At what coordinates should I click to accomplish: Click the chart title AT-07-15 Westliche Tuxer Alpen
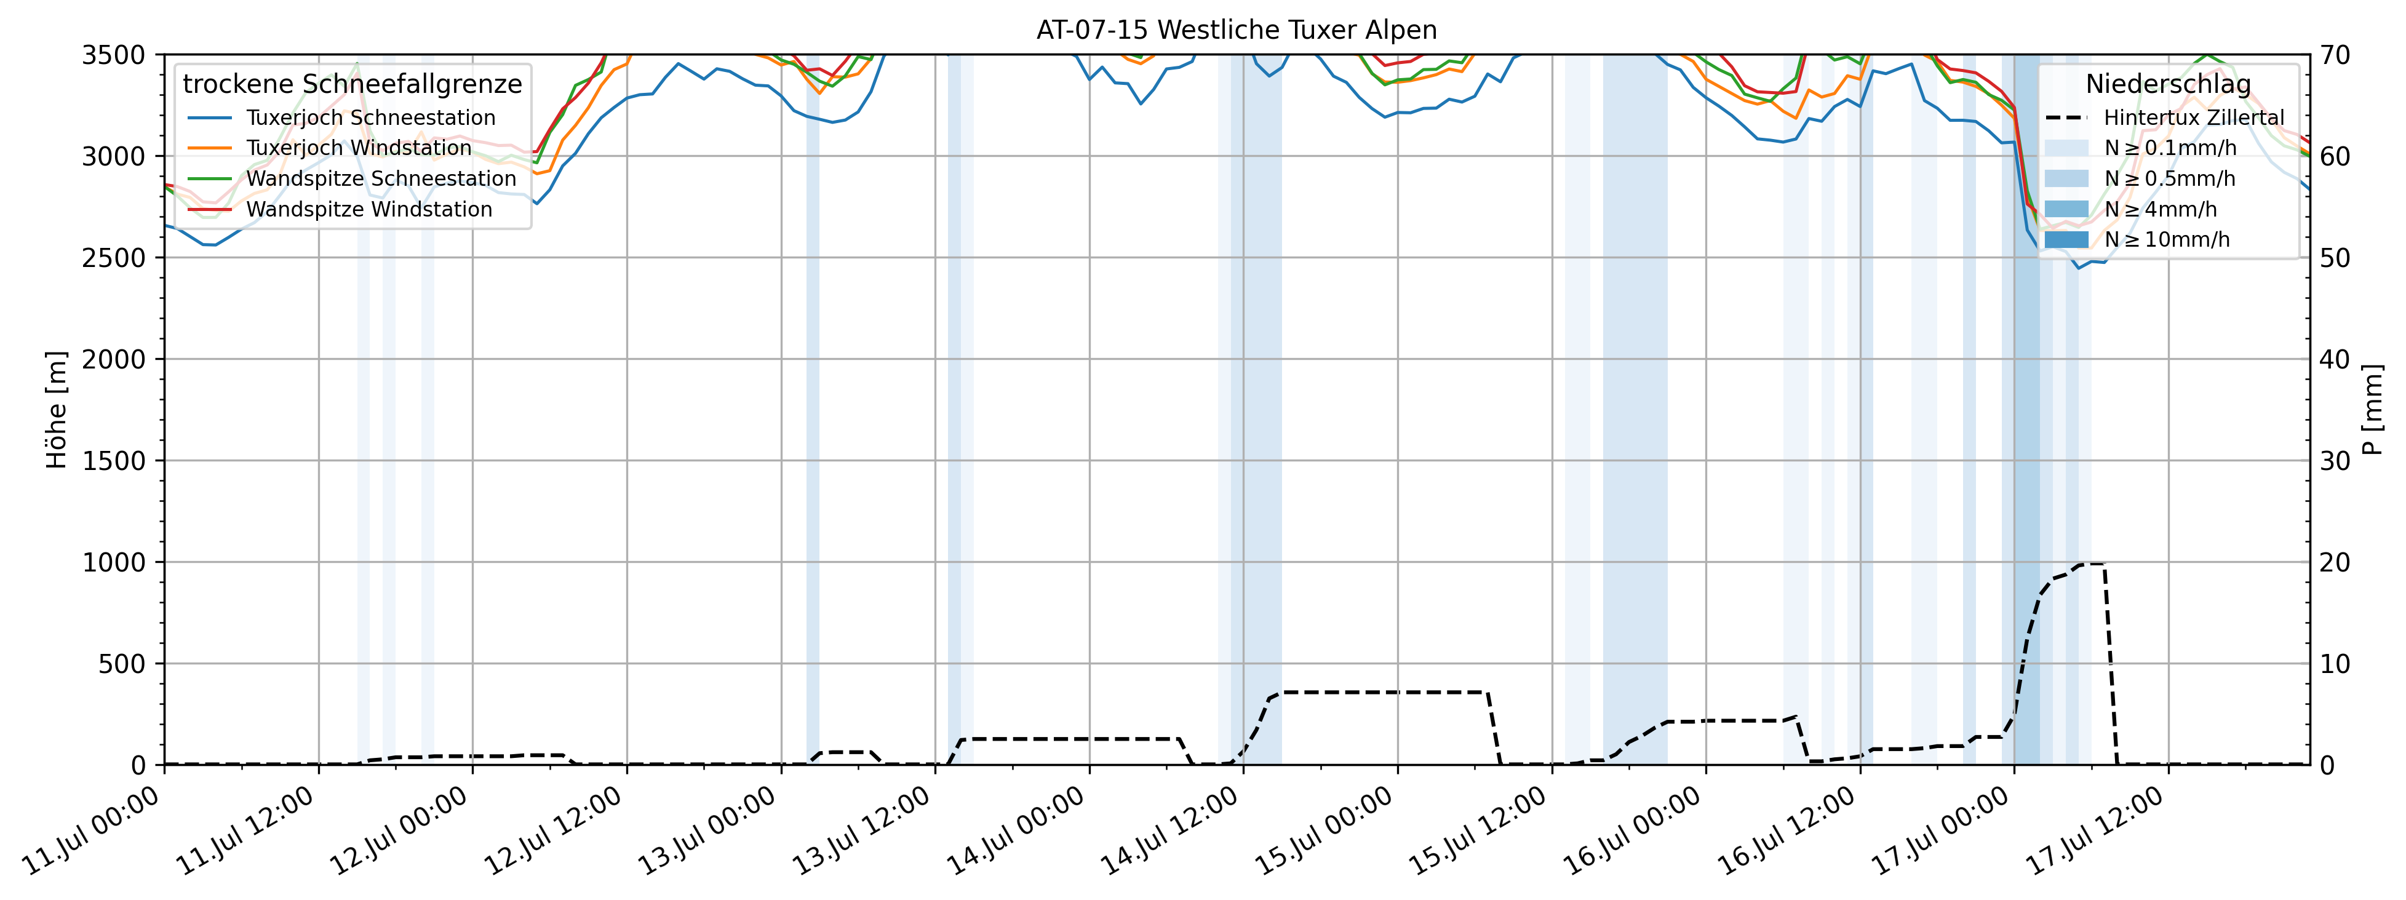click(x=1236, y=30)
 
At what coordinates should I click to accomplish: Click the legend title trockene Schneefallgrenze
click(x=352, y=84)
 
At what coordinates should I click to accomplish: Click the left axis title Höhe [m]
click(x=57, y=410)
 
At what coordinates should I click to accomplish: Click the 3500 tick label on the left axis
click(x=114, y=55)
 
